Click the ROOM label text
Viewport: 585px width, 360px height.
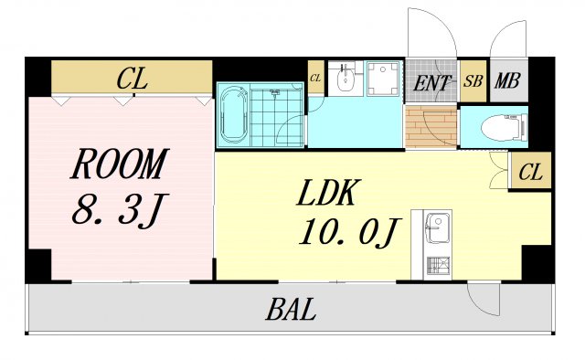(x=120, y=164)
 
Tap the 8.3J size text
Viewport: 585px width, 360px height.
(x=120, y=210)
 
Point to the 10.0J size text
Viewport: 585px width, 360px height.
(x=349, y=232)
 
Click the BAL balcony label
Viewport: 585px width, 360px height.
(x=291, y=310)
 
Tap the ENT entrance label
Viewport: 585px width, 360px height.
(x=431, y=83)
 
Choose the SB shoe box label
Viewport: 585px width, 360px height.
(x=473, y=81)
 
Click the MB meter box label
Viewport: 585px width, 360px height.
(x=508, y=80)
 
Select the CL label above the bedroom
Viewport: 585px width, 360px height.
(x=132, y=79)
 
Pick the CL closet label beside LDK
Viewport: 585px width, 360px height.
(x=530, y=173)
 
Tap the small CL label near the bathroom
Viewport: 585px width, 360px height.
(x=315, y=79)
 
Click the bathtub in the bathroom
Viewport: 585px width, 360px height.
(x=234, y=114)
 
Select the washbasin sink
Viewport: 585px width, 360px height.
(x=346, y=79)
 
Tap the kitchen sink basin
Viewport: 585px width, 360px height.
(x=437, y=228)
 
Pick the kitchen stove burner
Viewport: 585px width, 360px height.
(x=438, y=267)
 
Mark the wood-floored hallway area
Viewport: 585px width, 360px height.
(x=431, y=126)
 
